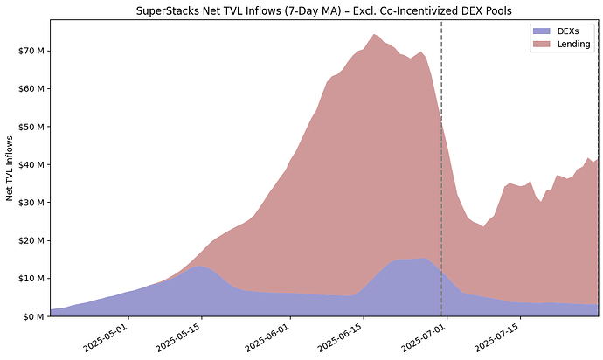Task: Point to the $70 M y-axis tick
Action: coord(32,51)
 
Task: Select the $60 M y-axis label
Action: coord(32,88)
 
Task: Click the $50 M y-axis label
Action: coord(32,127)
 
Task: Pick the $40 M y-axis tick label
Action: coord(32,164)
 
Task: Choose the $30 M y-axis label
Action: coord(32,202)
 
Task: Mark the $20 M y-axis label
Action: coord(32,240)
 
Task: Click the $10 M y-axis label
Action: coord(32,278)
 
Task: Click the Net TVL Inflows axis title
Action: coord(10,169)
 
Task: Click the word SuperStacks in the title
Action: coord(169,10)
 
